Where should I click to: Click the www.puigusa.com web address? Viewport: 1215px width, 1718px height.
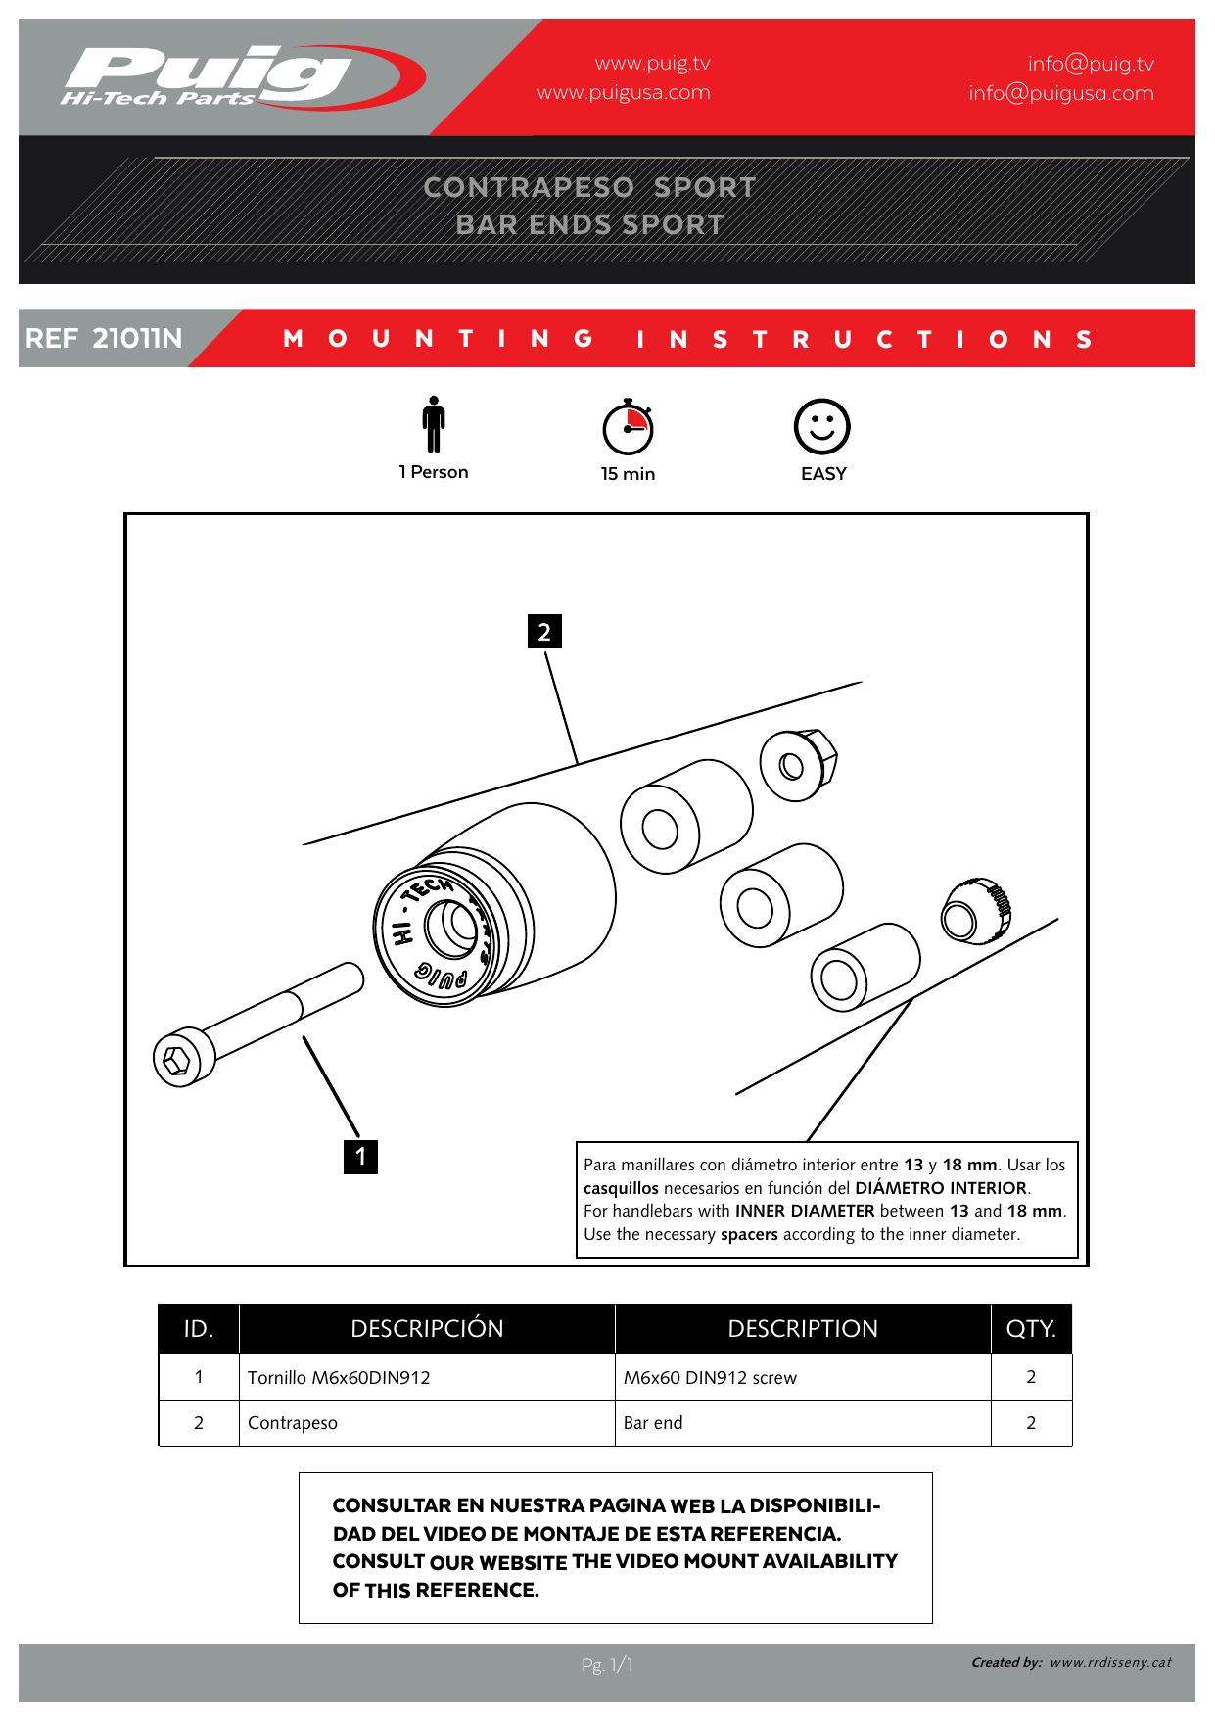pyautogui.click(x=624, y=93)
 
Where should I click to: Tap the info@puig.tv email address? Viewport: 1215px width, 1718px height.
pyautogui.click(x=1090, y=64)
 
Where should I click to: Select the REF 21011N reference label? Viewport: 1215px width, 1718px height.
pyautogui.click(x=104, y=339)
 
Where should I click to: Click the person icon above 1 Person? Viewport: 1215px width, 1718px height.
pyautogui.click(x=433, y=426)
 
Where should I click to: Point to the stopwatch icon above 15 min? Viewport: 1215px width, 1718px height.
pyautogui.click(x=628, y=427)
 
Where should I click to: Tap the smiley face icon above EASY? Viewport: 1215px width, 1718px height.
pyautogui.click(x=821, y=426)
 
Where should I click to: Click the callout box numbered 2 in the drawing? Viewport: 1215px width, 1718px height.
pyautogui.click(x=544, y=632)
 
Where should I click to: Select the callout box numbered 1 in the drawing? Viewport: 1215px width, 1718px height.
pyautogui.click(x=360, y=1156)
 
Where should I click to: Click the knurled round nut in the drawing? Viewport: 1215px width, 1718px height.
pyautogui.click(x=975, y=910)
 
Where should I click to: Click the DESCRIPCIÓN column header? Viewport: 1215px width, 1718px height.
pyautogui.click(x=427, y=1329)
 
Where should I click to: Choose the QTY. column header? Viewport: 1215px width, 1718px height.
pyautogui.click(x=1031, y=1329)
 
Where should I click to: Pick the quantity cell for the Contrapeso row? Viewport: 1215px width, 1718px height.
pyautogui.click(x=1031, y=1423)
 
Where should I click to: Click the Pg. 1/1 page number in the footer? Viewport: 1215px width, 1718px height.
pyautogui.click(x=607, y=1665)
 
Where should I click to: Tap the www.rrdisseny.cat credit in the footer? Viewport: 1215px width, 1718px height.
pyautogui.click(x=1110, y=1662)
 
